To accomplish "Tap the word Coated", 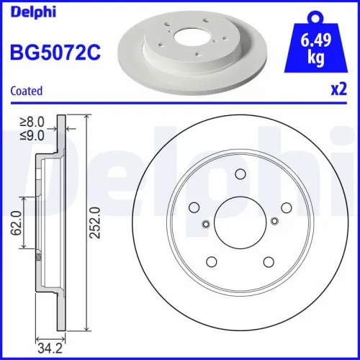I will point(25,91).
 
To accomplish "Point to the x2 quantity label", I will point(339,91).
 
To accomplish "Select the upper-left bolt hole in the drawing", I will point(193,207).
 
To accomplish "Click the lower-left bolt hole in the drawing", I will point(210,261).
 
